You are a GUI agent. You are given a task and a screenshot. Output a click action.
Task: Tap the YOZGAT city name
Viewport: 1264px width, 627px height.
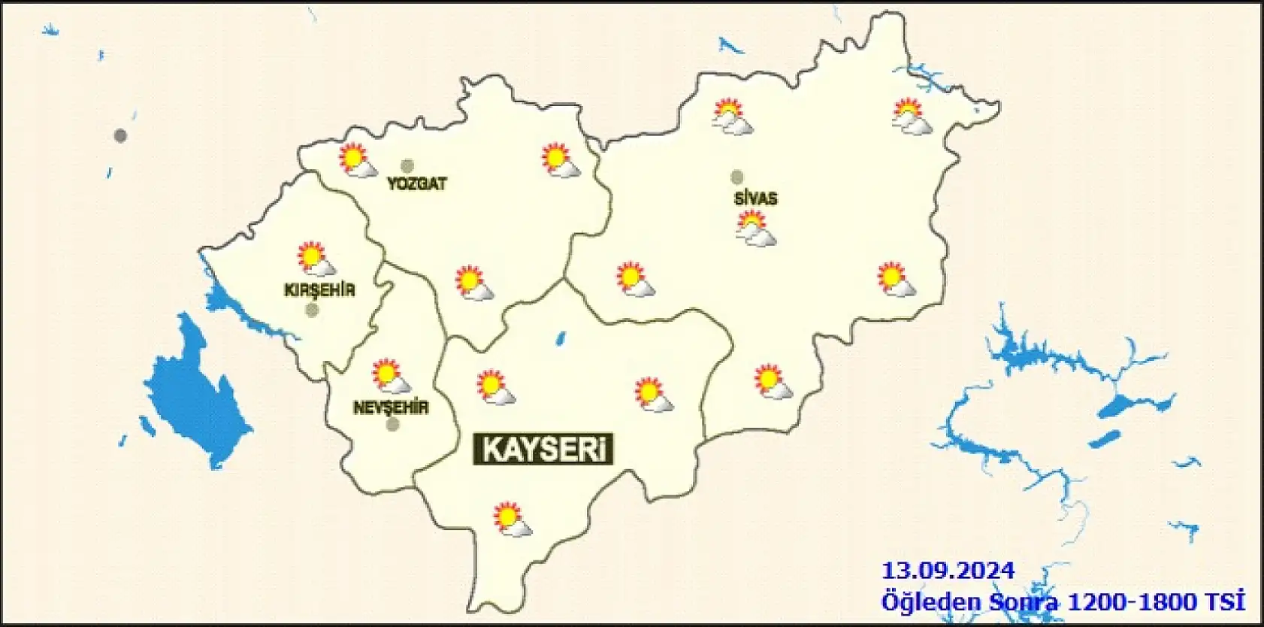point(416,183)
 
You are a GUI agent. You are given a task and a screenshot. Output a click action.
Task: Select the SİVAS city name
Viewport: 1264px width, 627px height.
point(754,199)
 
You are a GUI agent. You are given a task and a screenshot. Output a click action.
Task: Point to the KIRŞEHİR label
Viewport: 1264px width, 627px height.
point(319,290)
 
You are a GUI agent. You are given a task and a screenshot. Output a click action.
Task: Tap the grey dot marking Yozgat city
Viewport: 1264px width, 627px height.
point(407,166)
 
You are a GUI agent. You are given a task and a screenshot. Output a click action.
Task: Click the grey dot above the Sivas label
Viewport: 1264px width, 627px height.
point(737,177)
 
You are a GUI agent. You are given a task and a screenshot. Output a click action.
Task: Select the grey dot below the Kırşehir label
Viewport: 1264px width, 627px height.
point(312,310)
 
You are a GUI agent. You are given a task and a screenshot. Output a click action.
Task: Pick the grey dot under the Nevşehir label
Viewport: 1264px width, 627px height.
point(392,425)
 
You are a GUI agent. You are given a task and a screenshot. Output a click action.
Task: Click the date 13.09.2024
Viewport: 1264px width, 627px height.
point(948,570)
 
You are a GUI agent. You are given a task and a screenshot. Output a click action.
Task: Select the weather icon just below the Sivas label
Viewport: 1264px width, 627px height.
point(755,229)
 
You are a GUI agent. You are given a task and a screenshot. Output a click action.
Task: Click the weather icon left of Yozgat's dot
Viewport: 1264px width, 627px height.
point(357,160)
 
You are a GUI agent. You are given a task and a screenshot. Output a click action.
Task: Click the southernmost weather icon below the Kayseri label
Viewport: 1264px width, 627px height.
point(513,519)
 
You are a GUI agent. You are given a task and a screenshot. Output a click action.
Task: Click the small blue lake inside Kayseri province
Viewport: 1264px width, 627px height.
point(560,340)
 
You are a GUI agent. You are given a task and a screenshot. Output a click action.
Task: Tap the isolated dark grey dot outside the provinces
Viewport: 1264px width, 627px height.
point(120,136)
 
